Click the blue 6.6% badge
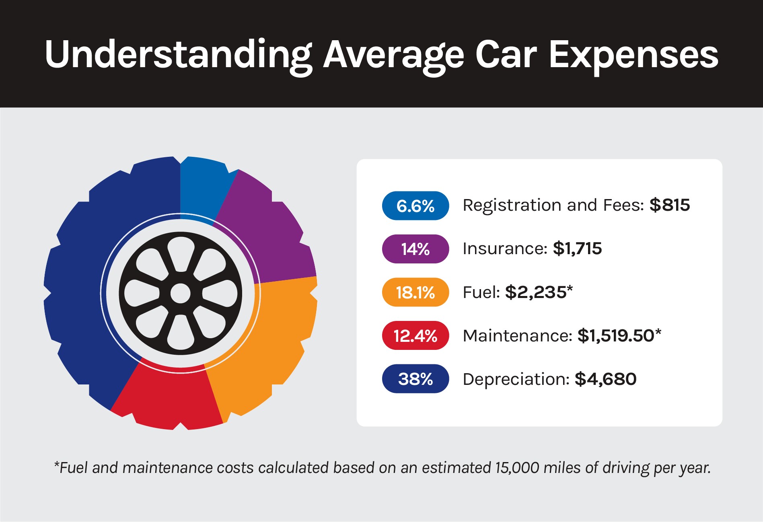[415, 206]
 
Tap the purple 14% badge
[415, 249]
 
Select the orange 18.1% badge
[415, 292]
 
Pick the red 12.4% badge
[415, 335]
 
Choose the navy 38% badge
[415, 379]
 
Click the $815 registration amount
[670, 205]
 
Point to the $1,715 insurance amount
[577, 249]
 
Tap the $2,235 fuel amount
[536, 292]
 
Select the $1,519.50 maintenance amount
[616, 335]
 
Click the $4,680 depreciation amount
[605, 379]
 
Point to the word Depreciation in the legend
[516, 379]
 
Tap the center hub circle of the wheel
[180, 294]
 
